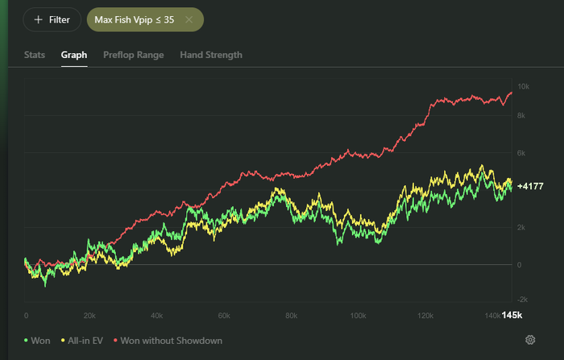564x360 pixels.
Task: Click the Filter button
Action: pos(52,19)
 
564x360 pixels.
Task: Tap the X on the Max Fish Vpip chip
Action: pos(189,19)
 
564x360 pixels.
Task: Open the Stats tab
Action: pos(35,55)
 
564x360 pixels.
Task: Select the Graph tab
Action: pos(74,55)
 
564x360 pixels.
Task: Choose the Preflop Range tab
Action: pos(134,55)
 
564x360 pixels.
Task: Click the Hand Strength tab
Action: pos(211,55)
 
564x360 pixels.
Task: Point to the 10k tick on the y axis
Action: pos(524,86)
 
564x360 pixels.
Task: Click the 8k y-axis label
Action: pos(521,115)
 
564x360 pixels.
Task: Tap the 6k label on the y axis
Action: pos(521,153)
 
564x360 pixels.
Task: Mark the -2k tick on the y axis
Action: pos(522,300)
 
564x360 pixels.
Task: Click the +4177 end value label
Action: pos(530,186)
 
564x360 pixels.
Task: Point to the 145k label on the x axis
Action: pos(512,315)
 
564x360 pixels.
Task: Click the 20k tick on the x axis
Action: pos(89,316)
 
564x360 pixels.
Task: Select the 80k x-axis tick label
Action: pos(292,316)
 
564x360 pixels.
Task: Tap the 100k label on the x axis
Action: pos(359,316)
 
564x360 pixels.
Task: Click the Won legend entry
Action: pos(37,341)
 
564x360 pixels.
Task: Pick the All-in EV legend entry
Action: pos(82,341)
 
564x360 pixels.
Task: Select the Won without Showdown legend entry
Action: pos(168,341)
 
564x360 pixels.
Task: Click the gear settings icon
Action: pos(530,340)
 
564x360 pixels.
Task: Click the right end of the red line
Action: pos(512,93)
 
